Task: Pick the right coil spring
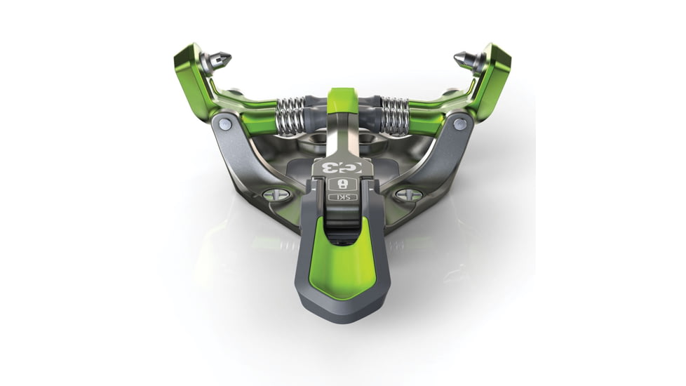pyautogui.click(x=395, y=115)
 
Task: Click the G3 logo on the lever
pyautogui.click(x=342, y=167)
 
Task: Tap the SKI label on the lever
pyautogui.click(x=342, y=197)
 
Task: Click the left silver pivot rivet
pyautogui.click(x=224, y=124)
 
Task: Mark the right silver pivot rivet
pyautogui.click(x=460, y=124)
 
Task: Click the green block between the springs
pyautogui.click(x=343, y=99)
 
